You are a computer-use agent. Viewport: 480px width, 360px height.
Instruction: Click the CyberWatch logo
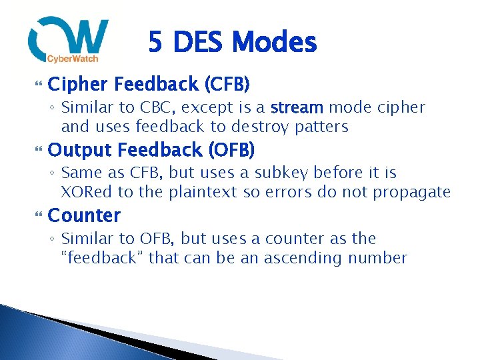point(68,41)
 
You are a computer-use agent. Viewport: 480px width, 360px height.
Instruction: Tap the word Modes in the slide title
point(276,43)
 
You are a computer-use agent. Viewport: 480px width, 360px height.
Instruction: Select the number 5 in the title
point(155,43)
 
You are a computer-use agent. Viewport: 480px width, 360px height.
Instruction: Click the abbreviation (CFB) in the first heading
point(227,85)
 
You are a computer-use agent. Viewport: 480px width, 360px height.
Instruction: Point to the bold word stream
point(297,107)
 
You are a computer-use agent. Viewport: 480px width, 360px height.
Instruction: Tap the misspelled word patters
point(323,127)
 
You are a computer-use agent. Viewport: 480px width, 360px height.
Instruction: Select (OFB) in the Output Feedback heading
point(232,150)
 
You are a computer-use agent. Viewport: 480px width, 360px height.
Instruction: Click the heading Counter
point(85,215)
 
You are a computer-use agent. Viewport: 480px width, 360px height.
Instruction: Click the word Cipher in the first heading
point(77,85)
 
